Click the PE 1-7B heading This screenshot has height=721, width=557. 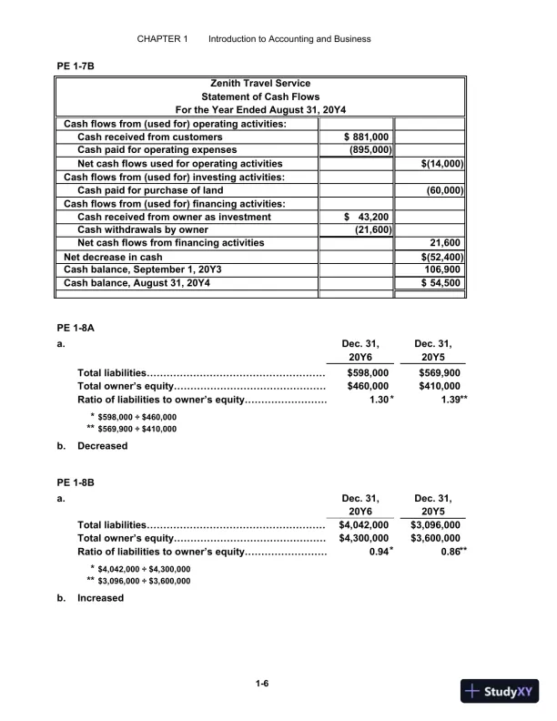coord(76,66)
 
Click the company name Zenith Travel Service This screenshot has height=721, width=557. coord(260,84)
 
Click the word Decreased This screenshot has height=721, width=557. coord(102,446)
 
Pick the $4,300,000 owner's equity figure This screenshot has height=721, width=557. coord(364,538)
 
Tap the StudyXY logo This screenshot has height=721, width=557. coord(501,691)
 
